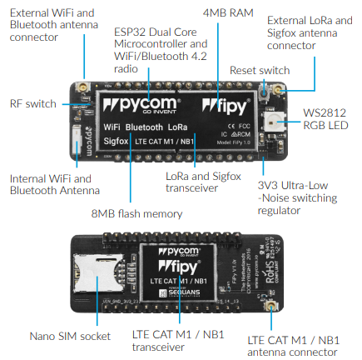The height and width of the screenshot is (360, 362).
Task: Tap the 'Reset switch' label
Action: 260,71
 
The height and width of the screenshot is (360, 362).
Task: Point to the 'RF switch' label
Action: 32,104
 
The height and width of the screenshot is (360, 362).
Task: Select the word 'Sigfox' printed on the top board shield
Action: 117,142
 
